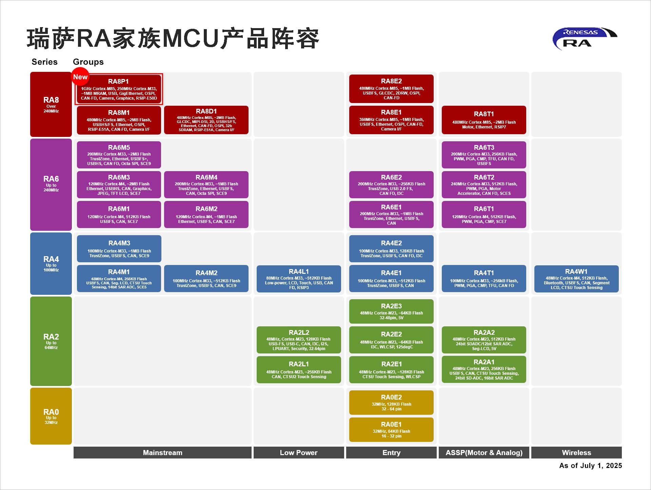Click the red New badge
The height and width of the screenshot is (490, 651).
pyautogui.click(x=80, y=77)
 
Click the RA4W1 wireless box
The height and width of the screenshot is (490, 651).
pyautogui.click(x=576, y=279)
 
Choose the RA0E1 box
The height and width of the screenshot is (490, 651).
pyautogui.click(x=391, y=430)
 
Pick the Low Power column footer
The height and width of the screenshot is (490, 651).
pyautogui.click(x=299, y=453)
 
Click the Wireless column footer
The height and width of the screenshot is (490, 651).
pyautogui.click(x=576, y=453)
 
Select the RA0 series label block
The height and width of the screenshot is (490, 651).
pyautogui.click(x=51, y=416)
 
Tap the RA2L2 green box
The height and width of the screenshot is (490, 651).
pyautogui.click(x=299, y=340)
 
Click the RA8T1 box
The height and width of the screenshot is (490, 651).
pyautogui.click(x=484, y=120)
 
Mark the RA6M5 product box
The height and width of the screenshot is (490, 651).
pyautogui.click(x=119, y=155)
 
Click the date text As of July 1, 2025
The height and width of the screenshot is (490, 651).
pyautogui.click(x=590, y=466)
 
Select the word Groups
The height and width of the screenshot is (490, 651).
pyautogui.click(x=88, y=62)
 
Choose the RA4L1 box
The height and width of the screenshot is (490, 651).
pyautogui.click(x=299, y=279)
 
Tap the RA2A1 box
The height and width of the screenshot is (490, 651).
pyautogui.click(x=484, y=369)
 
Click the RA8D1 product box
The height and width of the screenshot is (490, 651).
pyautogui.click(x=206, y=120)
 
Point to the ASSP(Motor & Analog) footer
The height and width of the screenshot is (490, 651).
pyautogui.click(x=484, y=453)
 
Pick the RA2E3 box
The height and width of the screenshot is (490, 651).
pyautogui.click(x=391, y=311)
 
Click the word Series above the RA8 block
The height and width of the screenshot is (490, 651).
pyautogui.click(x=44, y=62)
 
